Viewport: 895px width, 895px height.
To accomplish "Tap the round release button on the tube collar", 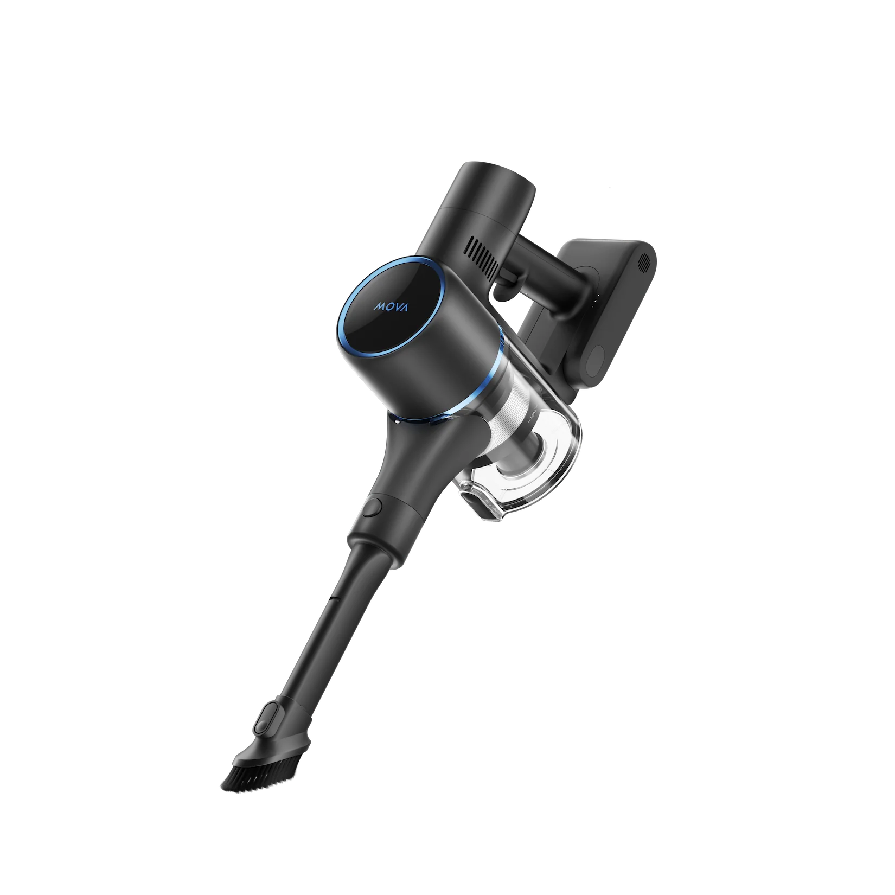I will (373, 508).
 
